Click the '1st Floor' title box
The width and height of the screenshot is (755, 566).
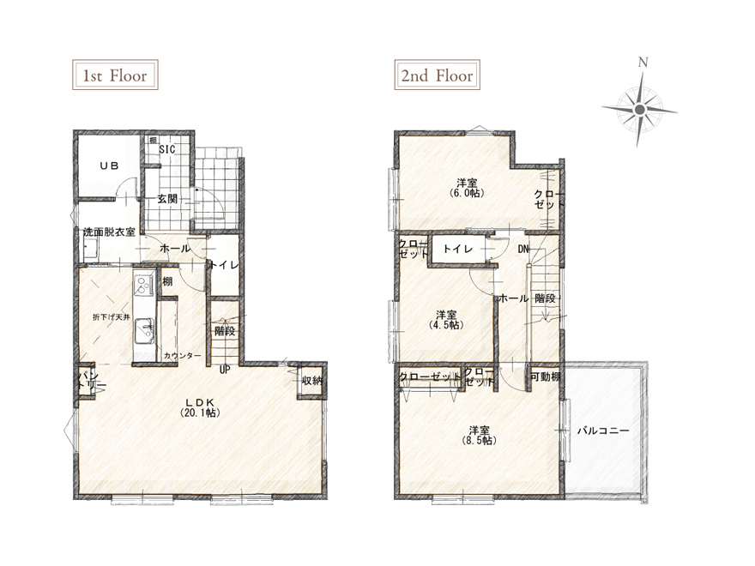(x=115, y=75)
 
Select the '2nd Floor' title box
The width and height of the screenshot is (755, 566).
(x=438, y=75)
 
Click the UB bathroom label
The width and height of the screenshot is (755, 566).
(x=109, y=166)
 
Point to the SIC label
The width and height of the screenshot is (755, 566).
(x=167, y=149)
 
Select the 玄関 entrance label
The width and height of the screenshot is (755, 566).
(x=167, y=198)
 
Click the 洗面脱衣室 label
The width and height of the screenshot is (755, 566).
(x=109, y=232)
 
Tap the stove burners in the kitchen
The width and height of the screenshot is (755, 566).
(x=143, y=284)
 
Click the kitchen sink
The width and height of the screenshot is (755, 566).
(x=144, y=331)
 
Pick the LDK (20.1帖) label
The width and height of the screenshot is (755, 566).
(x=200, y=407)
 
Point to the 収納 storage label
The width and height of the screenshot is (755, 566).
(x=311, y=381)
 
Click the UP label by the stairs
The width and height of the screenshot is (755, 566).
(x=225, y=370)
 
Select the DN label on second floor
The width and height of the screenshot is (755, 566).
(x=523, y=250)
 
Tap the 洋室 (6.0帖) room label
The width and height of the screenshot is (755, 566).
(x=467, y=188)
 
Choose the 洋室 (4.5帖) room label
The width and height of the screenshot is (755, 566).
(x=447, y=320)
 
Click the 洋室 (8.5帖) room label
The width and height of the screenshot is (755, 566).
(x=480, y=435)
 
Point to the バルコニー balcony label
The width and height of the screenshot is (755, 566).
(x=603, y=431)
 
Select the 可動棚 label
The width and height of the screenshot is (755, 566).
(x=545, y=377)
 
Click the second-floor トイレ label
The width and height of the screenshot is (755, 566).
(x=458, y=249)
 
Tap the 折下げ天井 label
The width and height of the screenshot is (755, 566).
(x=112, y=317)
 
